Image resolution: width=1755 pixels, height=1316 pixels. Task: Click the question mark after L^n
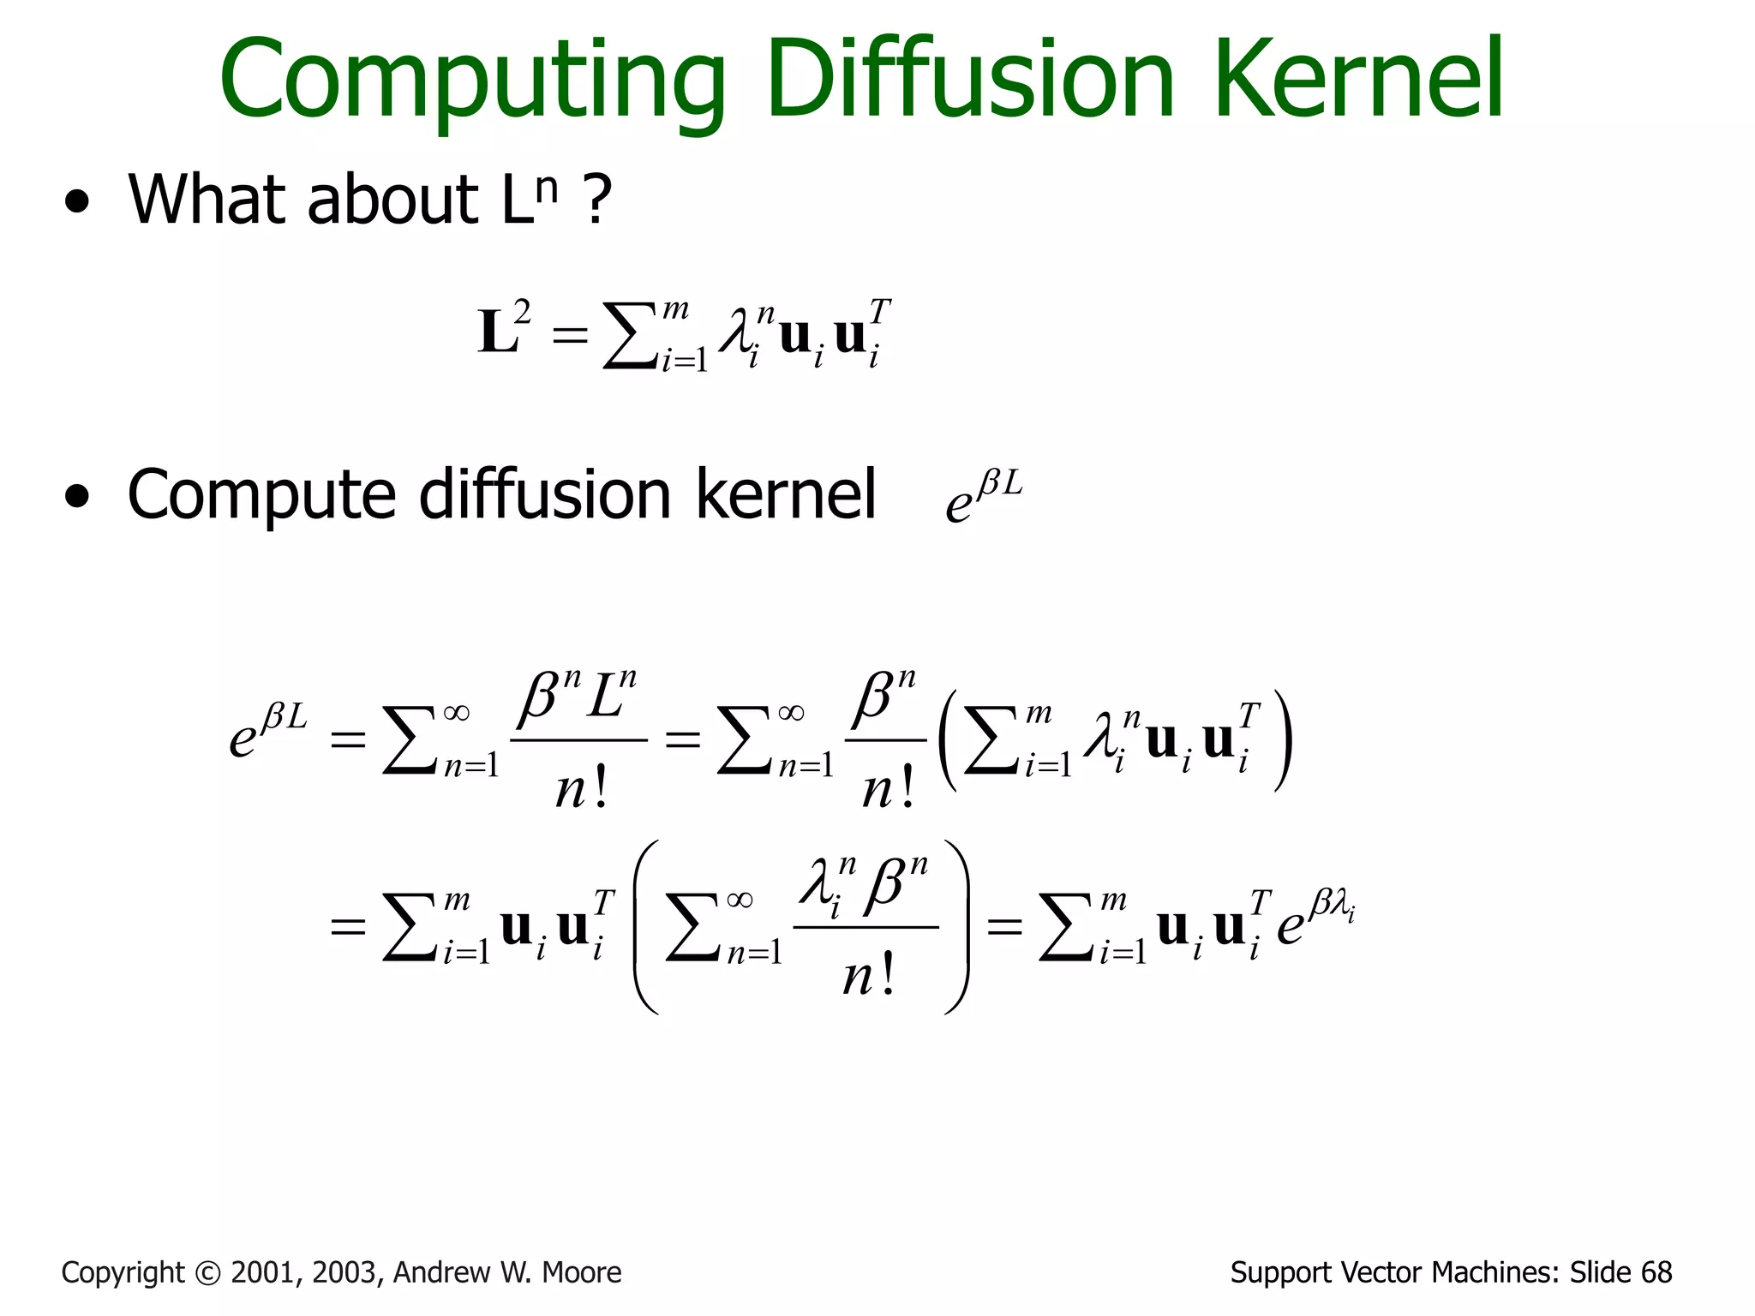pos(596,200)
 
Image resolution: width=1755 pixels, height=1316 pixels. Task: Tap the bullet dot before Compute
pos(77,496)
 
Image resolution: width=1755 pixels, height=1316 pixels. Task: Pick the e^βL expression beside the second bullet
pos(984,497)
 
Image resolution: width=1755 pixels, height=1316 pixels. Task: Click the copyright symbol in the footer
pos(207,1272)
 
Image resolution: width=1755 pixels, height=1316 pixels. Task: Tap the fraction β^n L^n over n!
pos(582,739)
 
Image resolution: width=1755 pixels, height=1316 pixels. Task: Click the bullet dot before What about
pos(77,202)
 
